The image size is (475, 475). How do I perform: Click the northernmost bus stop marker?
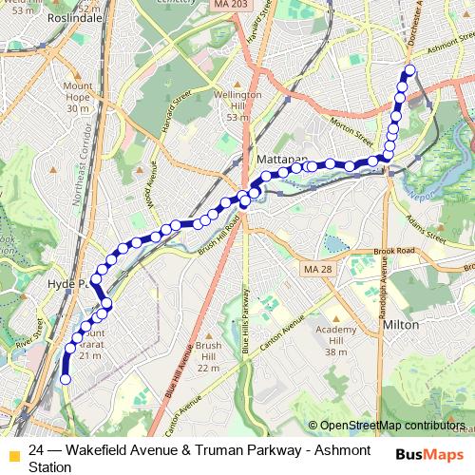click(x=410, y=70)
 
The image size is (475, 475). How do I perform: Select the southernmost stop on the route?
click(x=66, y=379)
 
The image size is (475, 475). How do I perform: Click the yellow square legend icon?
click(x=12, y=455)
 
